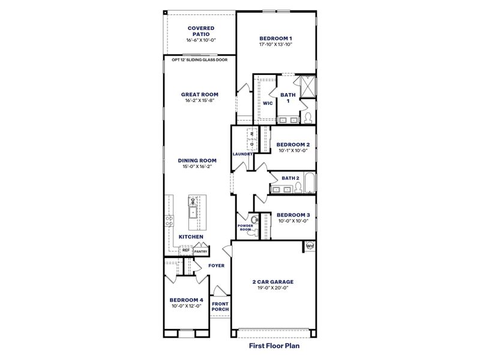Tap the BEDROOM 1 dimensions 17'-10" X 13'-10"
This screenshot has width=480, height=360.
point(275,44)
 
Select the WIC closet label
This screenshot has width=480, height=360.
point(268,103)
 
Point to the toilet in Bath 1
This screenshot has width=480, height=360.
point(307,117)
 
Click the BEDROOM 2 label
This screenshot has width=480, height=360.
point(293,145)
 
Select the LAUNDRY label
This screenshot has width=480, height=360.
point(242,154)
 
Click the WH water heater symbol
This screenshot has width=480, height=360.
point(310,246)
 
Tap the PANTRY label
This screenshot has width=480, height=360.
point(208,251)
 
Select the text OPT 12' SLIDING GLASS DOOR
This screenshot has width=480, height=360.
point(200,60)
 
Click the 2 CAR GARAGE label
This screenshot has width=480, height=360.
point(274,281)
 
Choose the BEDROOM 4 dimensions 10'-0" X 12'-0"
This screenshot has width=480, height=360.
point(186,306)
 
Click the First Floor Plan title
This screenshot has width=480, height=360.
point(274,346)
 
